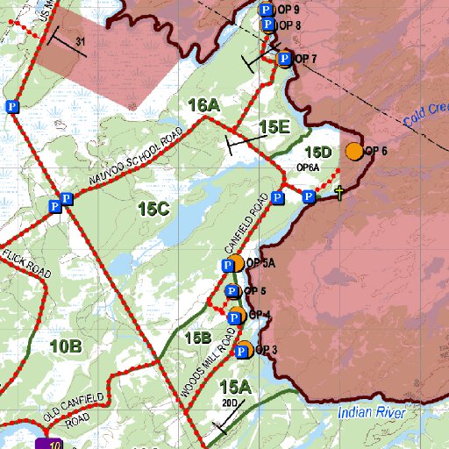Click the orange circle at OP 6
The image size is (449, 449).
354,151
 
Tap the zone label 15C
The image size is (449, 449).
153,209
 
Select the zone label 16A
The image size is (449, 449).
203,105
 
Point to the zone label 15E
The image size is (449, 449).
274,127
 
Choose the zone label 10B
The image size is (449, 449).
66,346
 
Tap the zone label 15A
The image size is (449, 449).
236,387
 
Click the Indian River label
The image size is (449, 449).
371,412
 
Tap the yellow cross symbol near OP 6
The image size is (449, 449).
339,192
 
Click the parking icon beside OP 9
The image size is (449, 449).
266,10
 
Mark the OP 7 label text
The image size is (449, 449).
305,59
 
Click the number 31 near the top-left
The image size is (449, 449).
81,41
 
